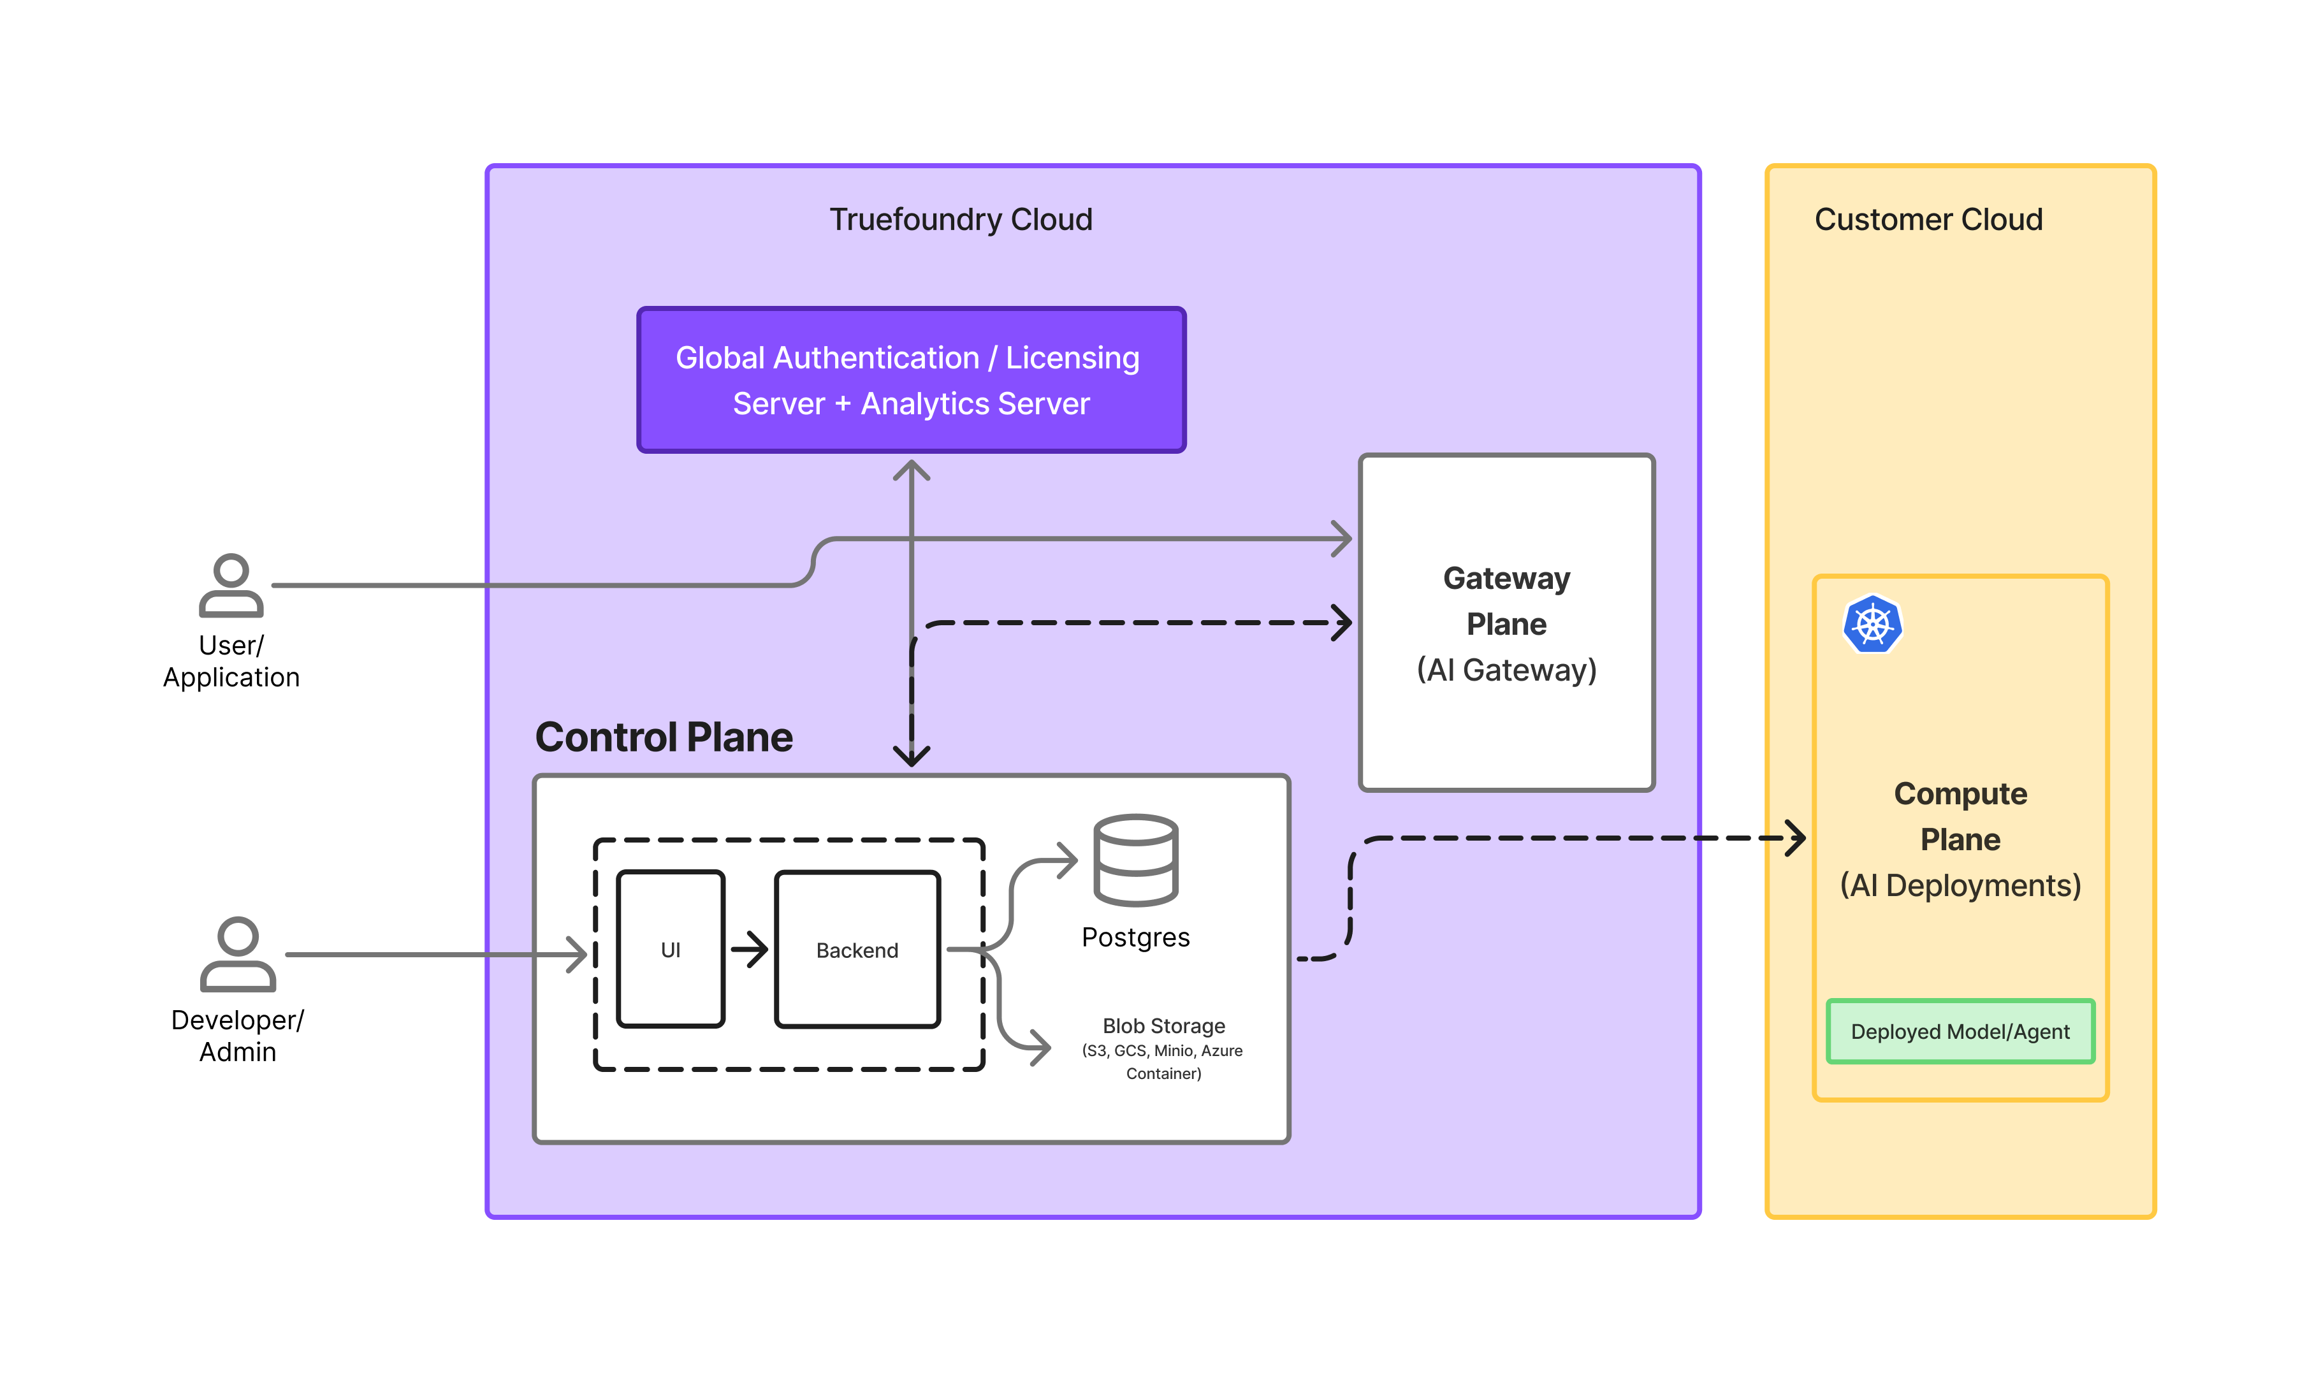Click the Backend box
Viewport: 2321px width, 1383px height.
click(857, 950)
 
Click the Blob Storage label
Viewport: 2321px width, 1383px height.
click(1163, 1026)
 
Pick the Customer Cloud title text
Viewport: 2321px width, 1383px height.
click(1928, 220)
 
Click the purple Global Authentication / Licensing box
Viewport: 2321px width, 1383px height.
click(911, 380)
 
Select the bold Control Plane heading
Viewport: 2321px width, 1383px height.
click(664, 737)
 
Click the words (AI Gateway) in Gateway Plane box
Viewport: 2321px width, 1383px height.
click(1506, 670)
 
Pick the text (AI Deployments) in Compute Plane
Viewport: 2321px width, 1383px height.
click(1960, 885)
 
